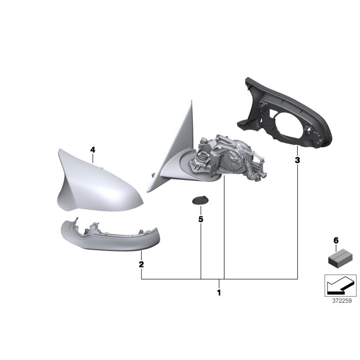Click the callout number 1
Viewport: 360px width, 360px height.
pos(219,293)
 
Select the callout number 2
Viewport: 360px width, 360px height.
pos(141,264)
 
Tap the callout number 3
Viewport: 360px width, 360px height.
pos(297,160)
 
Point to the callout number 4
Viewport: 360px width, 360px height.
pos(93,149)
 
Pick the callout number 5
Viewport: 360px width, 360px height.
pos(201,219)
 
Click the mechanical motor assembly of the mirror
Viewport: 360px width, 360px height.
pos(229,157)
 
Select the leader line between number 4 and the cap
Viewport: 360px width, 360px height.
pos(93,157)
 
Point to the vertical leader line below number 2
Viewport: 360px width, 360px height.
pos(141,274)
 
